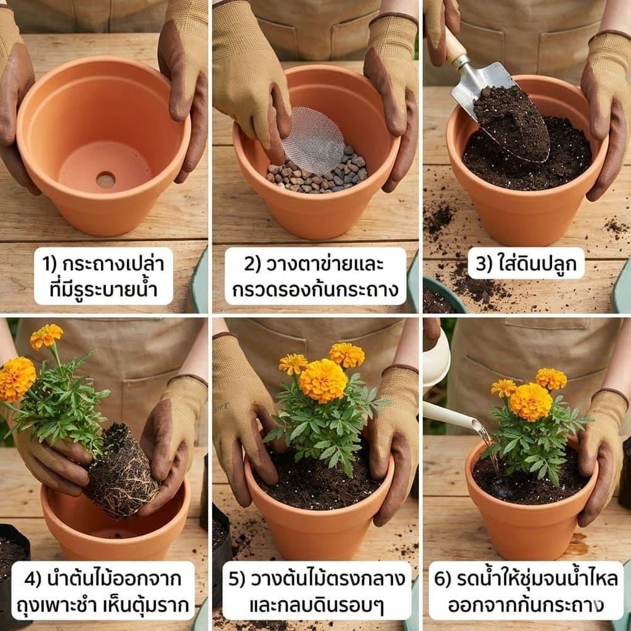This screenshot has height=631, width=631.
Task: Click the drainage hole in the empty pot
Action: click(105, 180)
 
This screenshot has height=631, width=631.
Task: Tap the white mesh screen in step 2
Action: click(313, 140)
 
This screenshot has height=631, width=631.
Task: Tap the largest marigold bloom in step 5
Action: click(323, 380)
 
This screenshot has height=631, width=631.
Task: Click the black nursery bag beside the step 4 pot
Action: click(13, 555)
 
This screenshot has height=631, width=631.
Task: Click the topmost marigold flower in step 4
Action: click(47, 336)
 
